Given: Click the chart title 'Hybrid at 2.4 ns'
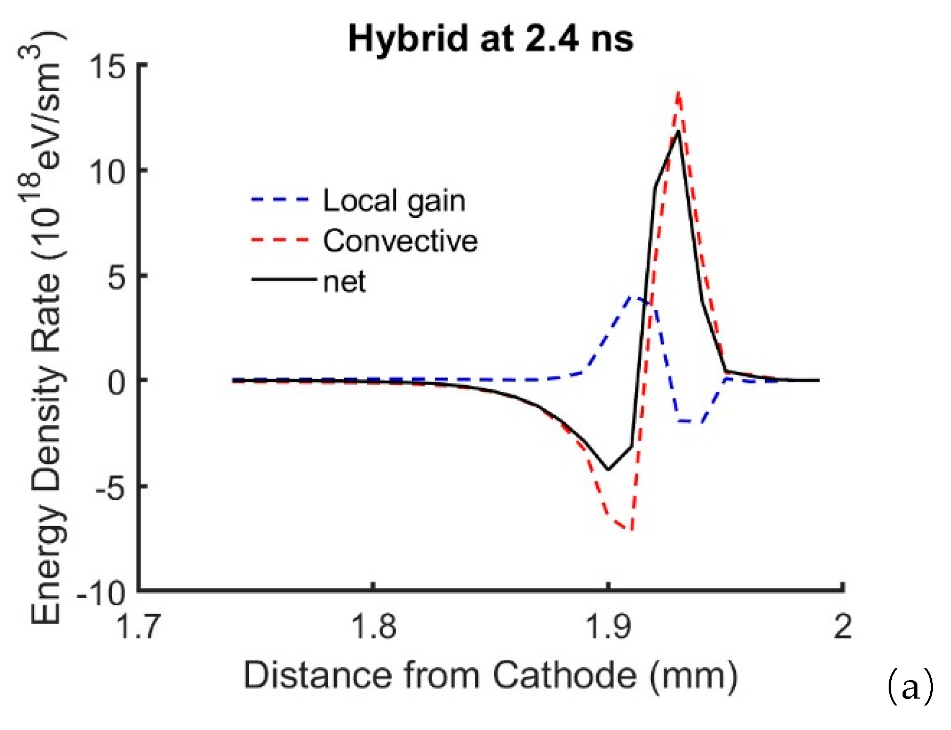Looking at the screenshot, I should pos(491,39).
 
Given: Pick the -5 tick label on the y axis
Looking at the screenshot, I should pos(110,487).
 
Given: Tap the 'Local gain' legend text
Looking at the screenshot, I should pos(394,201).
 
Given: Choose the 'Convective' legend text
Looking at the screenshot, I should pos(400,241).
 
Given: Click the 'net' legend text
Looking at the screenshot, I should pos(344,281).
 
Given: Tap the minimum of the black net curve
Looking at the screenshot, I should pos(608,470).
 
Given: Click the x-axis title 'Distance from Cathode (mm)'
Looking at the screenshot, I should pos(491,675).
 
